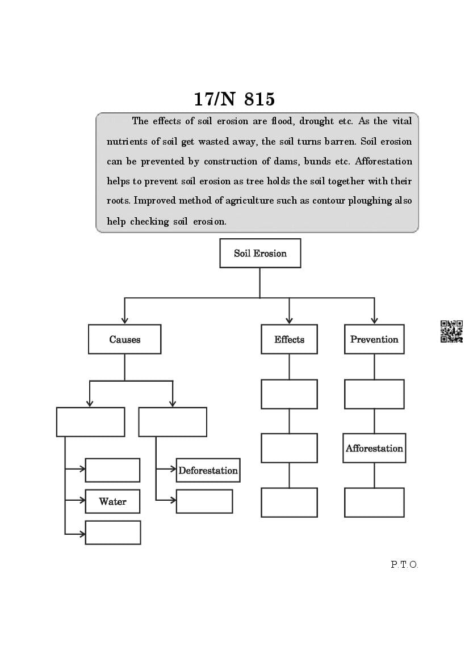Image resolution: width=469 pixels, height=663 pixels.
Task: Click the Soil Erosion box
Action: (x=260, y=253)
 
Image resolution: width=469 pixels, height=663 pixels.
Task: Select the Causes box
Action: (x=124, y=339)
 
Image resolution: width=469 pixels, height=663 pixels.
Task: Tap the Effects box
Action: (x=289, y=339)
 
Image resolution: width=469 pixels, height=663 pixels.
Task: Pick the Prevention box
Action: (x=374, y=339)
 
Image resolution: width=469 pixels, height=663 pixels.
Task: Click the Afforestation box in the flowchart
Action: (x=374, y=448)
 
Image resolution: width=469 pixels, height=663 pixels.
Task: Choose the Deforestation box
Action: (x=208, y=470)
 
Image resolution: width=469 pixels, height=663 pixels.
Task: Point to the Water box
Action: (x=112, y=501)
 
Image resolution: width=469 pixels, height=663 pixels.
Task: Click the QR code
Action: (x=451, y=332)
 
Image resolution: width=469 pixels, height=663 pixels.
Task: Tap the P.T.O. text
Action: (x=404, y=564)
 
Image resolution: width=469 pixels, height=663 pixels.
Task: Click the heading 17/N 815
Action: (x=234, y=99)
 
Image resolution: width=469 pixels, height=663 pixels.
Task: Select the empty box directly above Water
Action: (x=112, y=470)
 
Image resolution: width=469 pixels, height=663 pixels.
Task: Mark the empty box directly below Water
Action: (x=112, y=533)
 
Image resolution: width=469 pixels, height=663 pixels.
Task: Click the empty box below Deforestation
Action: (x=204, y=501)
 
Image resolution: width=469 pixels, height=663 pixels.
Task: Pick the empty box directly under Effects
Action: (x=289, y=394)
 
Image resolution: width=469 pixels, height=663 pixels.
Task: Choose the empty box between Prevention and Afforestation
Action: (x=374, y=394)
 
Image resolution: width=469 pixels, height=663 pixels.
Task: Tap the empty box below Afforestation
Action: (x=374, y=502)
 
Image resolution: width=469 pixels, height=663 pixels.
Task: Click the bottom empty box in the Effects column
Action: (x=289, y=502)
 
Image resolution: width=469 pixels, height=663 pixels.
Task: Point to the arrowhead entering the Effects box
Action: (x=289, y=320)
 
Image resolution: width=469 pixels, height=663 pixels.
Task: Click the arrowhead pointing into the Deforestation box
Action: (x=173, y=469)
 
